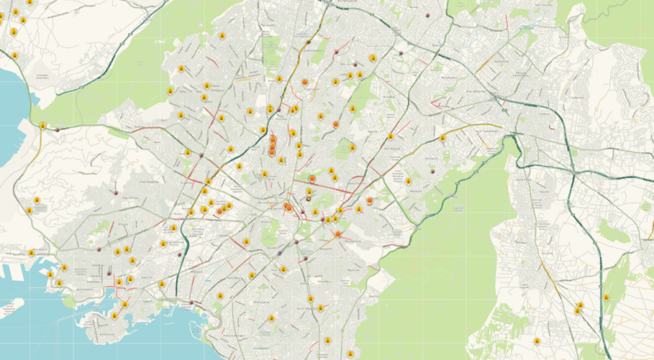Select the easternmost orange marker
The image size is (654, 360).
(x=370, y=200)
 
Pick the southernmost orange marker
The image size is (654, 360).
(x=338, y=234)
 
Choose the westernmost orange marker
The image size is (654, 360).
(x=220, y=211)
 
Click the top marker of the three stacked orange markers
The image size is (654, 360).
(x=273, y=139)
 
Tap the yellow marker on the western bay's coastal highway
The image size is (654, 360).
(x=43, y=126)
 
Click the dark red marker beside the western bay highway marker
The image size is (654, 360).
(x=57, y=130)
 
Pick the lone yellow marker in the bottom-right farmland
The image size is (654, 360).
(x=536, y=341)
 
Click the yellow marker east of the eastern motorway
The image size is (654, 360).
(x=606, y=297)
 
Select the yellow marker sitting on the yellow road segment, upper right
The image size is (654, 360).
(x=442, y=138)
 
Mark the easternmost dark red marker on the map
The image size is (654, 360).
(x=434, y=171)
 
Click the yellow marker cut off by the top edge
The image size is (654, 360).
(x=29, y=3)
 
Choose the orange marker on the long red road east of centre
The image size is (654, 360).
(x=312, y=179)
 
